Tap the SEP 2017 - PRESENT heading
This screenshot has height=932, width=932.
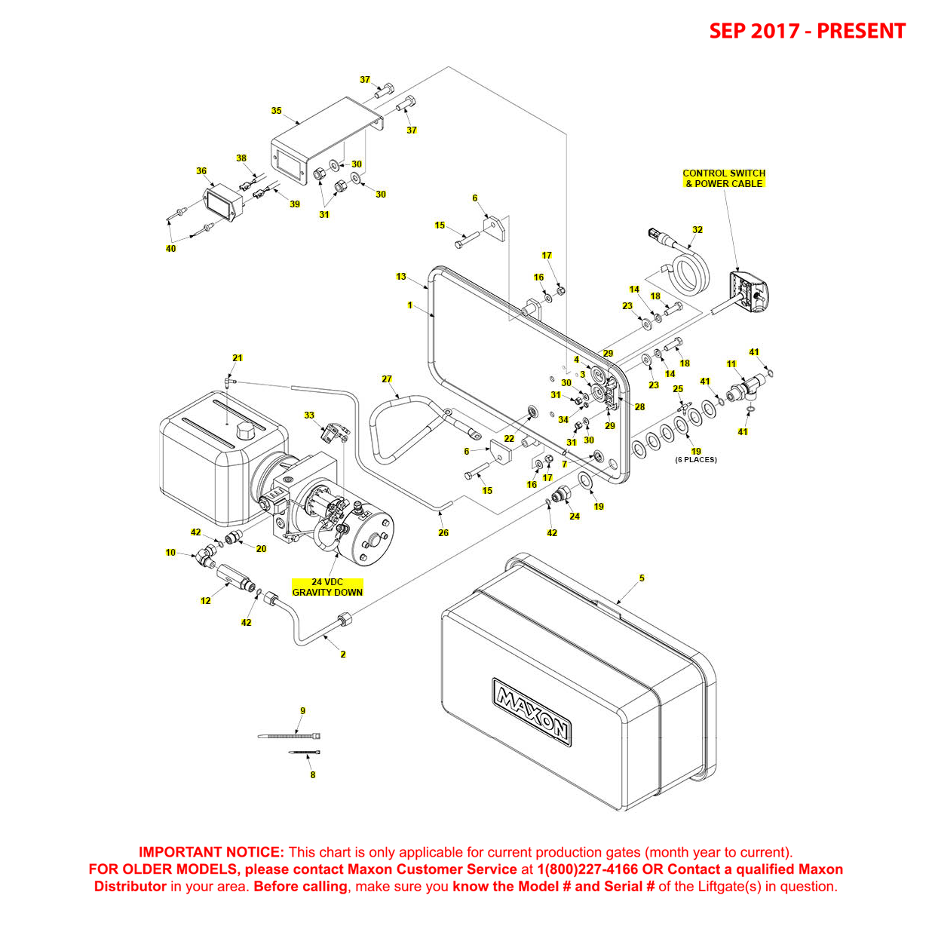[807, 31]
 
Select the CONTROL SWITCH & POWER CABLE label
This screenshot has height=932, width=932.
[724, 179]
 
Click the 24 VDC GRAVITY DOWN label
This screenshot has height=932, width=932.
[327, 587]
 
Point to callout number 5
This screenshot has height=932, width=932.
[642, 578]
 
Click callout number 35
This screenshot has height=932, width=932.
[276, 111]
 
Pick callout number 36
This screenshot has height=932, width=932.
[201, 171]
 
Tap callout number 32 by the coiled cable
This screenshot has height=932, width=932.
[697, 230]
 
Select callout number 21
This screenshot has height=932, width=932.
[238, 358]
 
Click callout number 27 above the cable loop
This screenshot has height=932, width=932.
[387, 379]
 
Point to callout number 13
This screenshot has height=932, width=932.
[401, 277]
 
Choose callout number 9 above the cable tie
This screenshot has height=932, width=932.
[303, 711]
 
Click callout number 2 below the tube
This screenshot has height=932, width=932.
[343, 655]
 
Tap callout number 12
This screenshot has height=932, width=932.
[205, 601]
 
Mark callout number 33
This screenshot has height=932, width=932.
[309, 415]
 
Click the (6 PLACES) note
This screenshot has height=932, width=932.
[696, 460]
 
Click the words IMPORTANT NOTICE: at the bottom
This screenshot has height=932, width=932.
[211, 853]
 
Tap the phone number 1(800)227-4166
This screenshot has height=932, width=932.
[587, 869]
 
